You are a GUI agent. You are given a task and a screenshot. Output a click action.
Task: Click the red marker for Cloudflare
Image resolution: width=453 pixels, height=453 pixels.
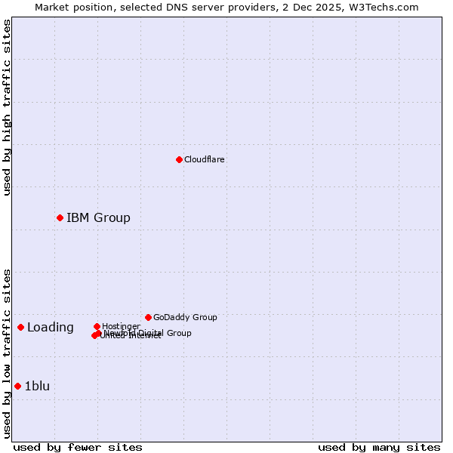pyautogui.click(x=179, y=159)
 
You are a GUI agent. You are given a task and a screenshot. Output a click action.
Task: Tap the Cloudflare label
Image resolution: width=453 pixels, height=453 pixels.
pyautogui.click(x=205, y=159)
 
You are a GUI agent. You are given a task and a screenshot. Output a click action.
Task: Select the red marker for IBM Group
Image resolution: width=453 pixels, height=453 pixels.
pyautogui.click(x=60, y=218)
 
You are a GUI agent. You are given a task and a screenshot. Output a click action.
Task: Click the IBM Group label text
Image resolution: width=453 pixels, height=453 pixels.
pyautogui.click(x=98, y=218)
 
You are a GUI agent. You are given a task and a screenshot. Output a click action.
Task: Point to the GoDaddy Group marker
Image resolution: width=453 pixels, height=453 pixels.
pyautogui.click(x=148, y=317)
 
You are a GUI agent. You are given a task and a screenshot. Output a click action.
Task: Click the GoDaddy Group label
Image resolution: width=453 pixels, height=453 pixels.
pyautogui.click(x=185, y=317)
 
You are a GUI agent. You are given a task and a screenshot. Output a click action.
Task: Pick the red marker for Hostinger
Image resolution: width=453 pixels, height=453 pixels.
pyautogui.click(x=97, y=326)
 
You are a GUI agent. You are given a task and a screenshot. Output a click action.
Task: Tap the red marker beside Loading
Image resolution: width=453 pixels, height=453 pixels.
pyautogui.click(x=20, y=327)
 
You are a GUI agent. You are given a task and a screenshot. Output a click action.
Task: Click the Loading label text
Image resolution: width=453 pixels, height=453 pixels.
pyautogui.click(x=51, y=328)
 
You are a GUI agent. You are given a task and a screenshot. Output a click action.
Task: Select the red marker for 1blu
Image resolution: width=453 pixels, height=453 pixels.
pyautogui.click(x=17, y=387)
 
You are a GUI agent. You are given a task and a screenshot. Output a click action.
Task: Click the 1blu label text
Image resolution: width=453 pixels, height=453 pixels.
pyautogui.click(x=37, y=387)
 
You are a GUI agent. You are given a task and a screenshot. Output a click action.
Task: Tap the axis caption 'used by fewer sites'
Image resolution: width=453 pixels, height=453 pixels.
pyautogui.click(x=78, y=447)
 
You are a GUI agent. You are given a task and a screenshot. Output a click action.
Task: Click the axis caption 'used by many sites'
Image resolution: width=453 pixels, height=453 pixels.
pyautogui.click(x=379, y=447)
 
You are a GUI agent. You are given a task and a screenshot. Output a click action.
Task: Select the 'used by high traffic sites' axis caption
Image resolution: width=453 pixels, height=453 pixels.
pyautogui.click(x=7, y=107)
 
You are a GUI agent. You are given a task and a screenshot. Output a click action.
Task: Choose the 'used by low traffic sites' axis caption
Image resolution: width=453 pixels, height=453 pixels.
pyautogui.click(x=7, y=353)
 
